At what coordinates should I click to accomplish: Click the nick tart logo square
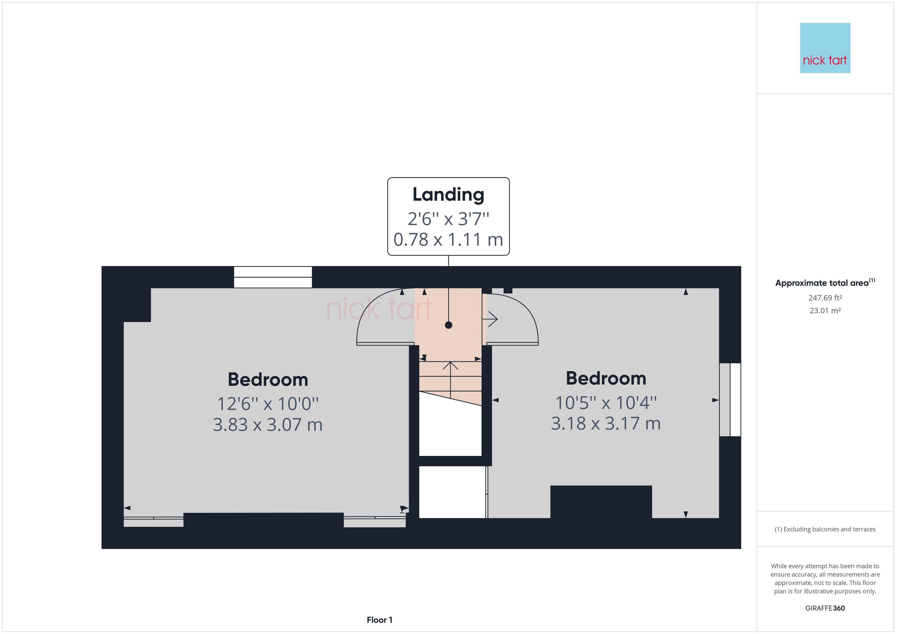point(825,48)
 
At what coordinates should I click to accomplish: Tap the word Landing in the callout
point(448,195)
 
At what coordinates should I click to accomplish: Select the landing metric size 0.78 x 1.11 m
point(448,239)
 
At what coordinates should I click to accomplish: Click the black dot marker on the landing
point(449,325)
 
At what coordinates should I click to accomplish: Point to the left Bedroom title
point(268,379)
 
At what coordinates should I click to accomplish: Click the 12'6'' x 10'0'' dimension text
point(268,404)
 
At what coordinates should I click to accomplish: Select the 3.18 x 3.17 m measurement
point(605,423)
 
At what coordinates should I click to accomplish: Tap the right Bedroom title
point(605,378)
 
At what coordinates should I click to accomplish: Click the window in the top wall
point(273,277)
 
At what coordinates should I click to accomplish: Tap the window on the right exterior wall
point(730,400)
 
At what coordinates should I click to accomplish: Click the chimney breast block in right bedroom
point(601,502)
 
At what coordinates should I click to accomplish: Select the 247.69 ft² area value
point(825,298)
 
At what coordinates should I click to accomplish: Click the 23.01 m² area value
point(825,311)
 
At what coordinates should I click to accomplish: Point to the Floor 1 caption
point(379,620)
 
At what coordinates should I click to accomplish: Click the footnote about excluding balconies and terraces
point(825,529)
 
